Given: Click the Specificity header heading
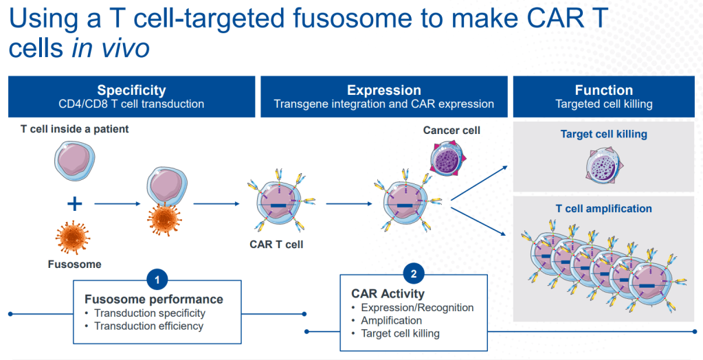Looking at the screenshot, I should [131, 90].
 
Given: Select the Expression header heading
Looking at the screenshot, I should [383, 90].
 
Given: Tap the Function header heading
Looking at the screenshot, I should [603, 90].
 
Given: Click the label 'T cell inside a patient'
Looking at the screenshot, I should [74, 129].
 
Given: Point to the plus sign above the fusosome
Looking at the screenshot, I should [74, 203].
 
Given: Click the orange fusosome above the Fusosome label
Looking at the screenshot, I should [74, 238].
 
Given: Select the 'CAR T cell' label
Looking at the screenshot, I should [277, 243].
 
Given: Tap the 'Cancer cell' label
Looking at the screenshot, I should [451, 130].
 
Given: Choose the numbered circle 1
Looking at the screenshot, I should [157, 280].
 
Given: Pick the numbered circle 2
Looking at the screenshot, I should [414, 274].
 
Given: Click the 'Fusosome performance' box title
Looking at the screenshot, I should [154, 300].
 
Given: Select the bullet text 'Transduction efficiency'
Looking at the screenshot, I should [149, 326].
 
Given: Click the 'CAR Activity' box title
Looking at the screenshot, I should [388, 294].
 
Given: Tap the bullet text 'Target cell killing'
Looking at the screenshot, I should [400, 333].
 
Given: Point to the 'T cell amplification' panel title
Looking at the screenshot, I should [603, 209].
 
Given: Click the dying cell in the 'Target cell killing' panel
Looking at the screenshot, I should [603, 167].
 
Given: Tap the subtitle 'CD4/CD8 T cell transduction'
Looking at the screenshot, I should [131, 104].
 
